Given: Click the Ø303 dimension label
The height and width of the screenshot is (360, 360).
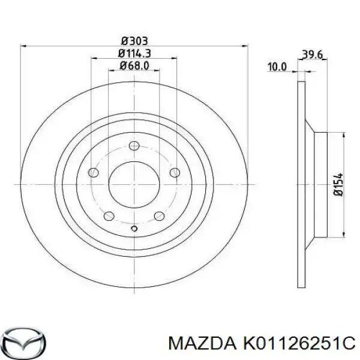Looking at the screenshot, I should pyautogui.click(x=134, y=40).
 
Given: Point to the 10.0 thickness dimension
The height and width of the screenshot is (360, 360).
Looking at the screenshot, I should pyautogui.click(x=277, y=67).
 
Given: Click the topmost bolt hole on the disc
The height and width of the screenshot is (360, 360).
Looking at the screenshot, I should pyautogui.click(x=134, y=145).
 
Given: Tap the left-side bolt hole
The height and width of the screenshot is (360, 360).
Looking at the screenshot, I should pyautogui.click(x=94, y=173).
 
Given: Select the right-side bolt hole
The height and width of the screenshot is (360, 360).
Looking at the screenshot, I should pyautogui.click(x=175, y=173).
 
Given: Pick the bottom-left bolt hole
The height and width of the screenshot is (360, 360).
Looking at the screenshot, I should pyautogui.click(x=109, y=217).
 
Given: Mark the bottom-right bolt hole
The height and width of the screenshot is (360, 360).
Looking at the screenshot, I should pyautogui.click(x=160, y=217).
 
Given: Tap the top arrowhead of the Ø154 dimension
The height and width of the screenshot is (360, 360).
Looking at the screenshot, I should pyautogui.click(x=343, y=135).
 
